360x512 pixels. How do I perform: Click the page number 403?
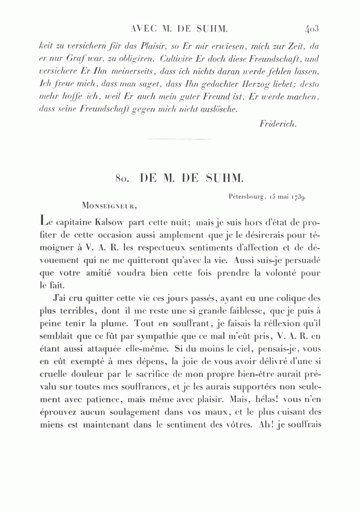click(x=311, y=29)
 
